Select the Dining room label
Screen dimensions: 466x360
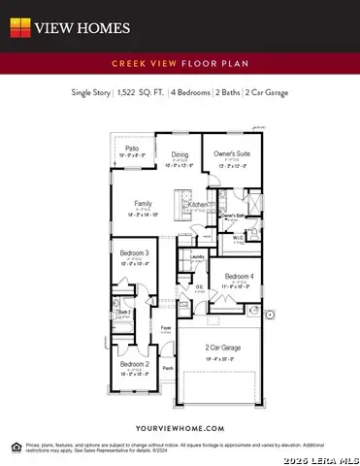(180, 154)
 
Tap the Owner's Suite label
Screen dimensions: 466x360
(231, 154)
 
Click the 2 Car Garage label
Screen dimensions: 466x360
(223, 348)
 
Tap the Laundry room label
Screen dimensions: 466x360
(197, 256)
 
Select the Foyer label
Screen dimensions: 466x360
(166, 328)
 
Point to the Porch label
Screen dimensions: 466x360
(167, 369)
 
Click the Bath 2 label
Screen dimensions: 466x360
(123, 312)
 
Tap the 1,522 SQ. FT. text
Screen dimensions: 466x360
(142, 93)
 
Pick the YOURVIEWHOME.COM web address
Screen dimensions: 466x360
(180, 401)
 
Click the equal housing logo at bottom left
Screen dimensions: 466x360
(15, 446)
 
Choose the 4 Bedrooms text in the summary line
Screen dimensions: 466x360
(192, 93)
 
